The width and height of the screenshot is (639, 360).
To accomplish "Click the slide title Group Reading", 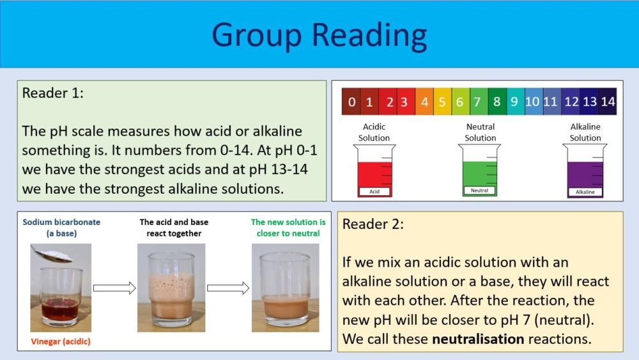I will click(319, 35).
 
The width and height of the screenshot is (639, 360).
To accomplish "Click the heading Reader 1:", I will click(53, 93).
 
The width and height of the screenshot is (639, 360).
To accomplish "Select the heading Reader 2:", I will click(373, 224).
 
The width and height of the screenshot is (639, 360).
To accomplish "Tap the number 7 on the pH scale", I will click(476, 102).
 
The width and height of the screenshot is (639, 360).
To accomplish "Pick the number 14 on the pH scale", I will click(608, 102).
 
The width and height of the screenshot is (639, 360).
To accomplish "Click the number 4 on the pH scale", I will click(424, 102).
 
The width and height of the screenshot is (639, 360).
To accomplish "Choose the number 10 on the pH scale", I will click(532, 102).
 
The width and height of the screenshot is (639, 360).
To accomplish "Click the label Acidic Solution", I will click(374, 132).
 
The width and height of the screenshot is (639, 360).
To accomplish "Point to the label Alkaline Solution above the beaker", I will click(585, 132).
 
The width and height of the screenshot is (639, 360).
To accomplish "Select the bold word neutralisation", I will click(477, 339).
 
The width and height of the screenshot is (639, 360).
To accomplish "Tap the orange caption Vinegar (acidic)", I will click(61, 341).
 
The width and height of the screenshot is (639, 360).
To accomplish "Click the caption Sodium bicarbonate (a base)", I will click(61, 228).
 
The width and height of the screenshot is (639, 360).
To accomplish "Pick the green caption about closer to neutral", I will click(288, 228).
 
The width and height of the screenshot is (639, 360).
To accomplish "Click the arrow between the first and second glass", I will click(114, 288).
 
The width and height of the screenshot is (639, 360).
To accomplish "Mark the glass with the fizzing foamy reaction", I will click(171, 288).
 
